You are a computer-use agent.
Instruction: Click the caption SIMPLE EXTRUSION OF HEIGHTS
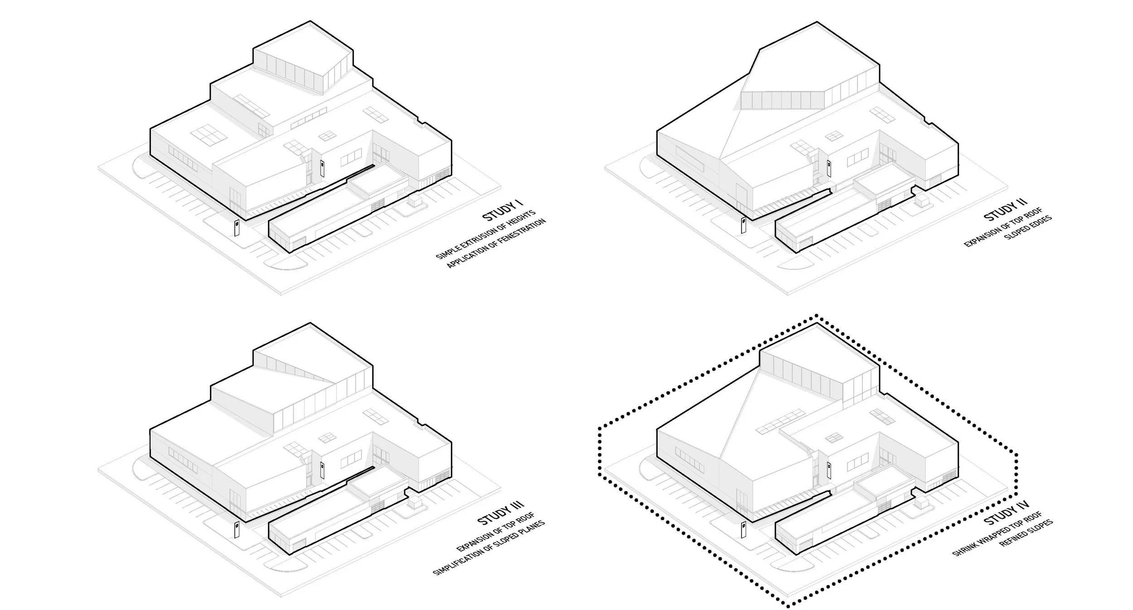pos(485,234)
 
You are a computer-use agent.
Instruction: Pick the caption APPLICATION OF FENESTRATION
pos(496,244)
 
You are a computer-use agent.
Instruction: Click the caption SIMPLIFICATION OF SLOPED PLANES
pos(489,547)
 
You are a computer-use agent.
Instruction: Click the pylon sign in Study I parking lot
pos(237,228)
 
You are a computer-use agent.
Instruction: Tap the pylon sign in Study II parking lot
pos(743,225)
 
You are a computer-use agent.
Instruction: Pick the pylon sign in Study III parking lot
pos(237,529)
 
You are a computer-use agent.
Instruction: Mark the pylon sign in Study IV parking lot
pos(743,527)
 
